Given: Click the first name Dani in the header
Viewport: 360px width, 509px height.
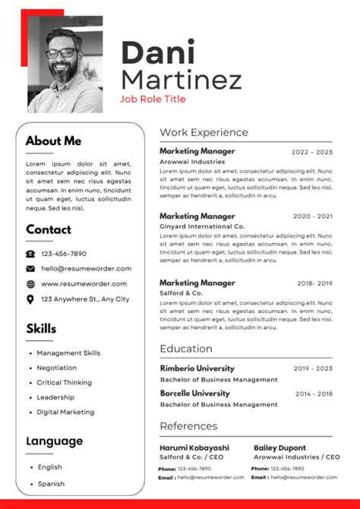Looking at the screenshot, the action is pos(158,53).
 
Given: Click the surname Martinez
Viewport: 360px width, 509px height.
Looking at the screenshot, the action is pos(182,79).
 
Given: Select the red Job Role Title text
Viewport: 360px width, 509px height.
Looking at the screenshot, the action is pos(153,99).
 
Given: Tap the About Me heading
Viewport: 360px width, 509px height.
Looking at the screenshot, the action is pos(53,141).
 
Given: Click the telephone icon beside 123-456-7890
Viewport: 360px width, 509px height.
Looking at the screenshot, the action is pos(30,254).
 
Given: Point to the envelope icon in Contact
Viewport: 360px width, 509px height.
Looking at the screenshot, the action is pos(30,269).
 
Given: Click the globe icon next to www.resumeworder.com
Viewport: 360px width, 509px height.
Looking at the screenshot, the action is pos(30,284).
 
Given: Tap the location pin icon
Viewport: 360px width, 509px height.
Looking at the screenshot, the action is pos(30,299).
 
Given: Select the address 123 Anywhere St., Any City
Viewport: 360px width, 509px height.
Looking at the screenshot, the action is pos(85,299).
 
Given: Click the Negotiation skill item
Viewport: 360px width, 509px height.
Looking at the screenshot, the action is pos(57,368).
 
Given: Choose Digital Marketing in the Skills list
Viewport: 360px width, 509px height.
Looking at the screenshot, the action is pos(65,413).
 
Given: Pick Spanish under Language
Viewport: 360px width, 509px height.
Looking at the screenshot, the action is pos(50,483).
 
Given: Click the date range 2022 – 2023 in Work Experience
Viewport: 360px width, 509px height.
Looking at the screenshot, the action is pos(312,152).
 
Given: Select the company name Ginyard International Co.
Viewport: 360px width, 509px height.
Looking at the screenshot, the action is pos(202,226).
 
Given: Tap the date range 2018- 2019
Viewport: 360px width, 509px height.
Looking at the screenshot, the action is pos(314,283).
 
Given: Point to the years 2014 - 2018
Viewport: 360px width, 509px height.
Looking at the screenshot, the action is pos(314,394).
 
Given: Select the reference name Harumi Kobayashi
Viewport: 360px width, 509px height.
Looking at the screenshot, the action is pos(194,448).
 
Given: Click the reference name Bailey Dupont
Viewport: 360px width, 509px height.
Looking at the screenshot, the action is pos(279,448).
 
